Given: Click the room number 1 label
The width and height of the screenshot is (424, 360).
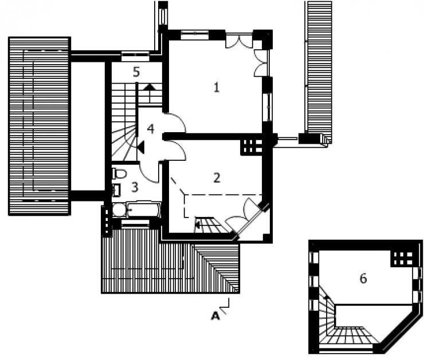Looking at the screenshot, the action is tap(217, 88).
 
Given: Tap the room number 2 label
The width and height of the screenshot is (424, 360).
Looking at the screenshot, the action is tap(217, 178).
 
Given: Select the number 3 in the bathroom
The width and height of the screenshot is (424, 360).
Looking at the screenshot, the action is tap(135, 187).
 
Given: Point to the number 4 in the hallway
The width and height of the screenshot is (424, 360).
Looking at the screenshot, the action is tap(151, 129).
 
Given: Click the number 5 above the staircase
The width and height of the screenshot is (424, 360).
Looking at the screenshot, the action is tap(136, 72).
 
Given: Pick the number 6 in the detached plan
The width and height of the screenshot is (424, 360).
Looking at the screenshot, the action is tap(363, 278).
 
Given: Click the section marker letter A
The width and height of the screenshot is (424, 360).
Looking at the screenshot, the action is tap(215, 316).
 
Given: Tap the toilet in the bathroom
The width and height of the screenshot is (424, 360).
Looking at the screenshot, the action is tap(119, 173).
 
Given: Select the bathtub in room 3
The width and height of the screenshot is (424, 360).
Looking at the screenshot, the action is tap(144, 210).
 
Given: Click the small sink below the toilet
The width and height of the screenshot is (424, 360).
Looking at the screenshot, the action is tap(117, 189).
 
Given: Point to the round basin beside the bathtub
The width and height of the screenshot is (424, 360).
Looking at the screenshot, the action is tap(119, 210).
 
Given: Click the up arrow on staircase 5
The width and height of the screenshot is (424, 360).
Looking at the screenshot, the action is tap(149, 86).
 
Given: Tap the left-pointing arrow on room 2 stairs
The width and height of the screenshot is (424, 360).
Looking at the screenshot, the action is tap(198, 225).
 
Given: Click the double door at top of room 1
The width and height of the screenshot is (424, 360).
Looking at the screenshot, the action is tap(240, 42).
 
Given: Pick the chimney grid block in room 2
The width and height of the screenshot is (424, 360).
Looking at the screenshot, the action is tap(252, 147).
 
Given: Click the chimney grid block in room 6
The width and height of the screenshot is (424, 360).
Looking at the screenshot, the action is tap(403, 258).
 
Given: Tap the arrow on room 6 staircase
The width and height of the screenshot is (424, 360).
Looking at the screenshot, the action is tap(328, 297).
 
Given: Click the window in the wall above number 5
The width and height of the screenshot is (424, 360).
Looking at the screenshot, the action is tap(135, 56).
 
